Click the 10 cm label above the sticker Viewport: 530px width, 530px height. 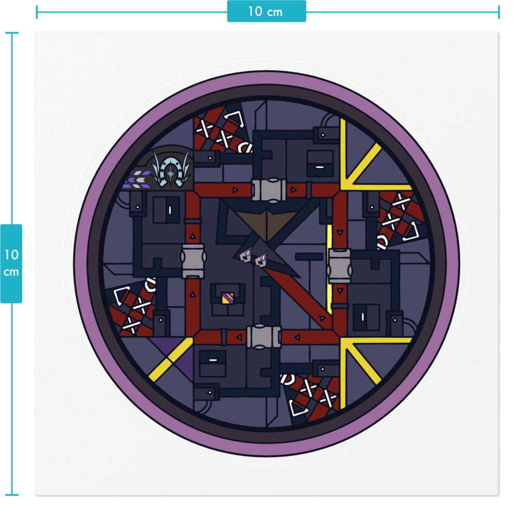point(266,11)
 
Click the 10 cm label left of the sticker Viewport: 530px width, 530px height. point(11,263)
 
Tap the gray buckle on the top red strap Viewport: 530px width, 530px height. point(269,190)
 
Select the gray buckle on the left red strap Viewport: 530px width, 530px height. point(193,261)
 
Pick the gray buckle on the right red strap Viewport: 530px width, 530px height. point(340,266)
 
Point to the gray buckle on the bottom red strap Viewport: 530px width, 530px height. point(264,336)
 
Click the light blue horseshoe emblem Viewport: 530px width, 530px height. point(172,168)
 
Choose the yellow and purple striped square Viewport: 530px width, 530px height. point(228,298)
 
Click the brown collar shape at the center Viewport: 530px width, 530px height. point(267,224)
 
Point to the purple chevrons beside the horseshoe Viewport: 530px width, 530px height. point(139,179)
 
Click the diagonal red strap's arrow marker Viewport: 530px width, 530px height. point(322,318)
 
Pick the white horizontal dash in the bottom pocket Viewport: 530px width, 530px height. point(213,360)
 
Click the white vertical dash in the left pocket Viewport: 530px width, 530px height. point(170,210)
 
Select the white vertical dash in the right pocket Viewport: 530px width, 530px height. point(363,317)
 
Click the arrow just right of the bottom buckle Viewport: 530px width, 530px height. point(297,336)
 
